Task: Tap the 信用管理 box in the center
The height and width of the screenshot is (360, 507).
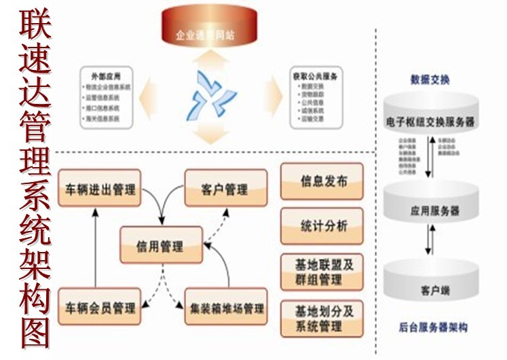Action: [x=161, y=245]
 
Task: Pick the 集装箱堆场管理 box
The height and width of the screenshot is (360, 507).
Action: [x=226, y=307]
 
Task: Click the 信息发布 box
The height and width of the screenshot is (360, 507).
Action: [x=322, y=182]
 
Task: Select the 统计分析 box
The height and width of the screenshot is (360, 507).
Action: [x=322, y=226]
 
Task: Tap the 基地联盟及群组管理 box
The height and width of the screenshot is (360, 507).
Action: [x=322, y=272]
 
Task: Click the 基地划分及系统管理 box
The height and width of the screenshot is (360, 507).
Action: [x=322, y=319]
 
